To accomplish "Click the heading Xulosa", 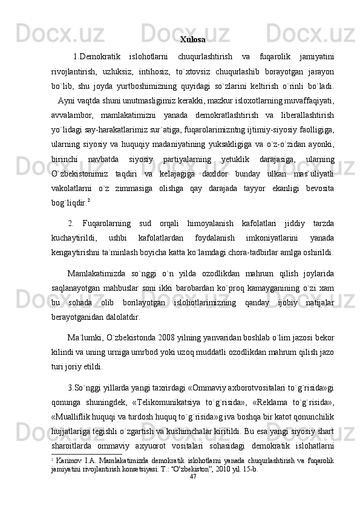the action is (x=192, y=41).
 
